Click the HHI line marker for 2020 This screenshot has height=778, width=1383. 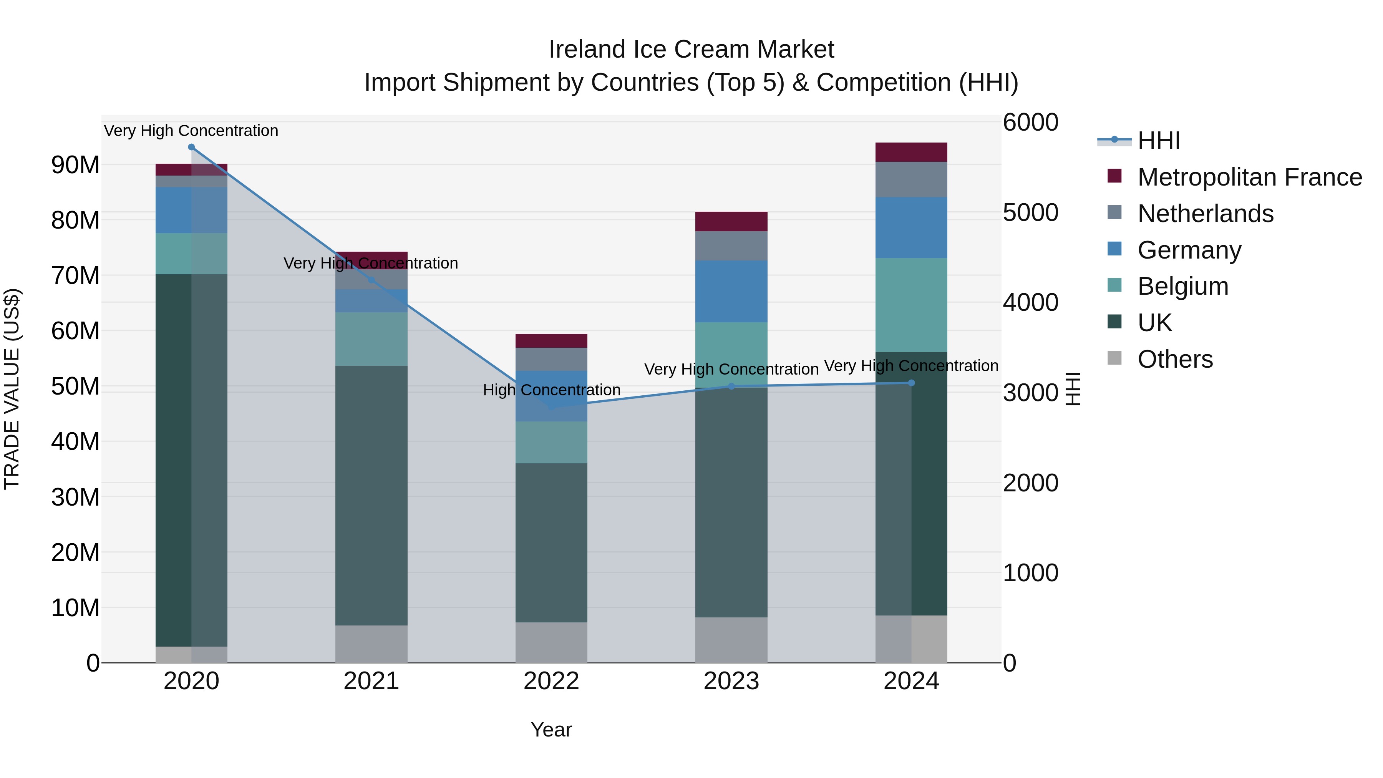191,147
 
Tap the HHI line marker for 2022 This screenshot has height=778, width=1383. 551,406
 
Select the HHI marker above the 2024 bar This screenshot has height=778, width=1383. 911,383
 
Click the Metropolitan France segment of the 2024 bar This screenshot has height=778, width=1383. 911,152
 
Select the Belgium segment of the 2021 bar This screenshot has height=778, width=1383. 371,339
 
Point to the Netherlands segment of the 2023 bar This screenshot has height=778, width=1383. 731,246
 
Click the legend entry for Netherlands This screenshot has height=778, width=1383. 1205,214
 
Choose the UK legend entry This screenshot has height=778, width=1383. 1154,323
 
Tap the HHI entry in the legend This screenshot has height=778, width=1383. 1159,141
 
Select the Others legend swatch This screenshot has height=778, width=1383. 1114,358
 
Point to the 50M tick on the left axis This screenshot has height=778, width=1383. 75,386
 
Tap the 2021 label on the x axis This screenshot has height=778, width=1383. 371,681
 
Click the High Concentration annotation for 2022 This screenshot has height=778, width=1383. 551,390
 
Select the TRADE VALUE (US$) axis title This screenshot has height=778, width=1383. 12,389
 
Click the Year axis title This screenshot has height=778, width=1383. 551,730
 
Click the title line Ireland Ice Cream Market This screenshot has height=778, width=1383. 691,50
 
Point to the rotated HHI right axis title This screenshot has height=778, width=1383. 1072,389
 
